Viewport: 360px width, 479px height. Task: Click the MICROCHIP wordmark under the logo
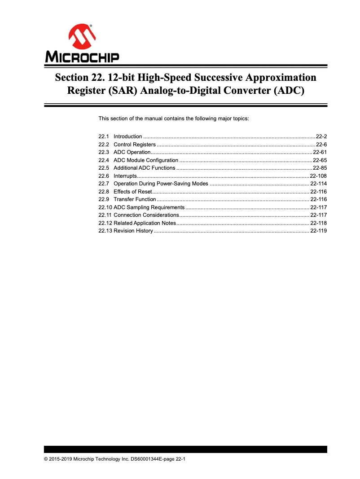(x=82, y=57)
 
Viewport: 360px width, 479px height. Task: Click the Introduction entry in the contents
(x=128, y=136)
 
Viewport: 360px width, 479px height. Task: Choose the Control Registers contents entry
(x=135, y=145)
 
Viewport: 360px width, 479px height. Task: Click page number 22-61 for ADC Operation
(x=320, y=152)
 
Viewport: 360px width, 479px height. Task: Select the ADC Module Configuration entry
(x=146, y=160)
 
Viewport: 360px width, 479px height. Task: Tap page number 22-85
(x=320, y=168)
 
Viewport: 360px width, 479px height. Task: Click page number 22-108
(x=318, y=176)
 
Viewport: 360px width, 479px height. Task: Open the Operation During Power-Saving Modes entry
(x=161, y=184)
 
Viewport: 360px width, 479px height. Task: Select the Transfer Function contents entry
(x=135, y=199)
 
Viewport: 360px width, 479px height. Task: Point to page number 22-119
(x=318, y=231)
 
